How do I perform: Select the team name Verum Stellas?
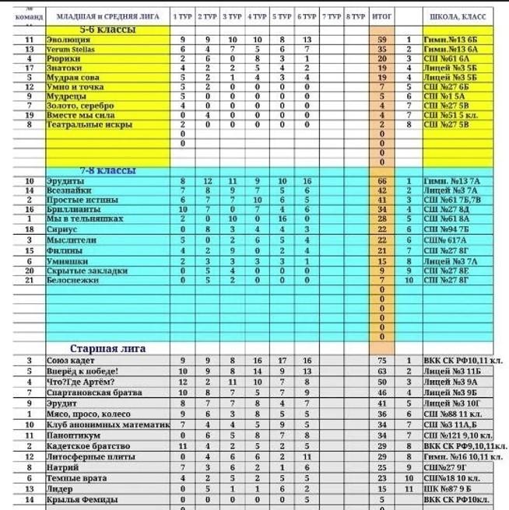(72, 48)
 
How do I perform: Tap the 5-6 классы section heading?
(107, 30)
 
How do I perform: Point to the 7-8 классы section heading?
(107, 171)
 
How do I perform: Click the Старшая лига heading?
(107, 349)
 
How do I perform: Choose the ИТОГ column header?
(381, 16)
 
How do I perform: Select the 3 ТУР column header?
(232, 16)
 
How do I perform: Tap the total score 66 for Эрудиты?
(381, 181)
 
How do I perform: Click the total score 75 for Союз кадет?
(381, 361)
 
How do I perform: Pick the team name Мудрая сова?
(73, 77)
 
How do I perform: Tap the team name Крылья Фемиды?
(84, 501)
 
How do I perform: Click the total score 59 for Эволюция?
(381, 39)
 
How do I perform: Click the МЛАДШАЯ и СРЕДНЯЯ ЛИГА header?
(107, 16)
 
